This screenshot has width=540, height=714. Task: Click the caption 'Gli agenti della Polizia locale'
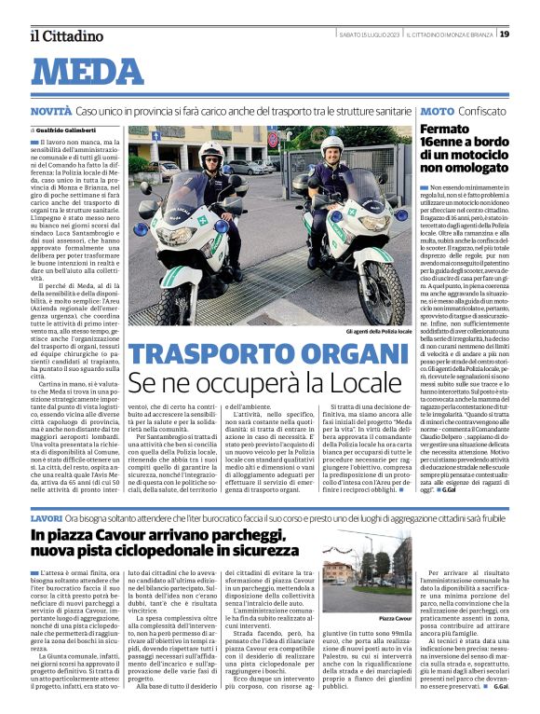pyautogui.click(x=370, y=332)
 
